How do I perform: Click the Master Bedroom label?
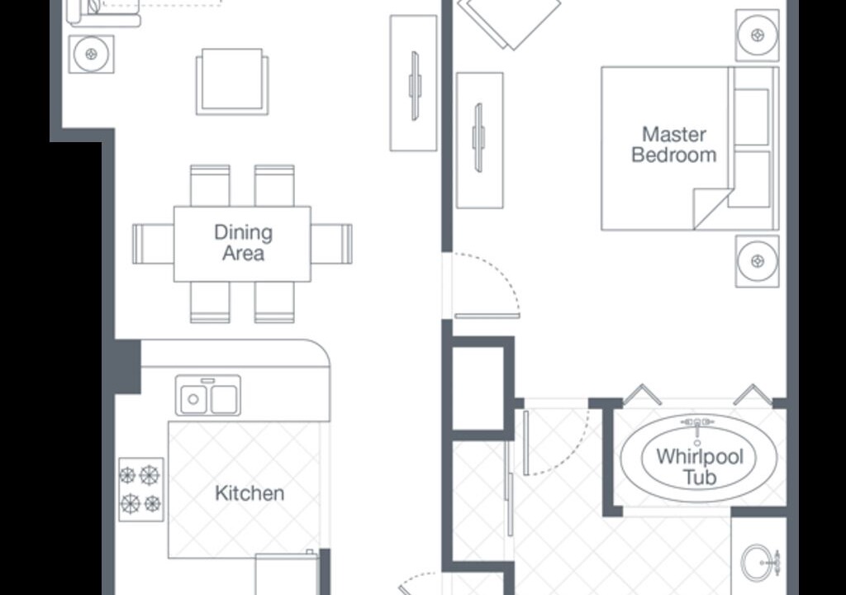point(674,145)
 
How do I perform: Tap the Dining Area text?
point(244,242)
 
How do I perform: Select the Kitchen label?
point(250,493)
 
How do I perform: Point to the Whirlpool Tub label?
point(700,467)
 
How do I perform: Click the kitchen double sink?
point(208,396)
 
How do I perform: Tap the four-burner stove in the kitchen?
point(141,490)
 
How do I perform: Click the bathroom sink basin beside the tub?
point(760,563)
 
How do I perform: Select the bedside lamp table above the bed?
point(758,35)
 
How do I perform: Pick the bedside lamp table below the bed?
point(758,261)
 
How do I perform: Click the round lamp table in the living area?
point(92,54)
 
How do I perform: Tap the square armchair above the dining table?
point(232,82)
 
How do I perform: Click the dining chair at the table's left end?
point(153,244)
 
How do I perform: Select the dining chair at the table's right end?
point(331,244)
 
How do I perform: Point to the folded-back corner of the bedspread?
point(711,208)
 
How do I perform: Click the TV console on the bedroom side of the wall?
point(480,140)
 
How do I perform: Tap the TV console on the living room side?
point(414,83)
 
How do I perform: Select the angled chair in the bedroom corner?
point(509,22)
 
